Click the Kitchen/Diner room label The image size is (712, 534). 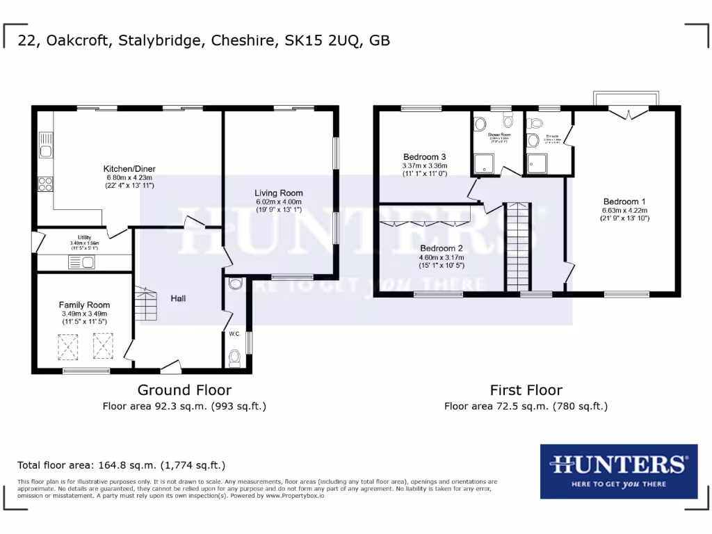pos(129,169)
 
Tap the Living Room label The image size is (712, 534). pos(279,193)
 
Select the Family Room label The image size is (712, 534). pos(84,305)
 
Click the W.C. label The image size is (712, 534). pos(235,334)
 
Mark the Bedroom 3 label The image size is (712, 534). pos(424,156)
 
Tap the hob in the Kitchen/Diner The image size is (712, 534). pos(46,184)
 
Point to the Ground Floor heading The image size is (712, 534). pos(184,390)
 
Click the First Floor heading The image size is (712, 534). pos(526,390)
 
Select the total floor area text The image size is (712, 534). pos(121,465)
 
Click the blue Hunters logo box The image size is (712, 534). pos(618,471)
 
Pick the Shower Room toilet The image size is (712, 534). pos(480,124)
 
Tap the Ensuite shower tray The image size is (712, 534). pos(537,163)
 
